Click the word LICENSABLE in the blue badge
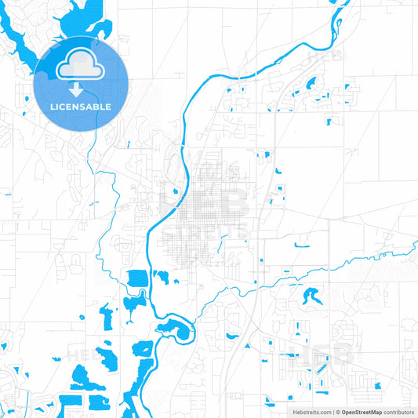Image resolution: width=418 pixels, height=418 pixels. click(81, 107)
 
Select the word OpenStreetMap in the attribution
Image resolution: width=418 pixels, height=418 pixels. click(362, 412)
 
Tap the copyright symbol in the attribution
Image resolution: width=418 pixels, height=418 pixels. click(336, 412)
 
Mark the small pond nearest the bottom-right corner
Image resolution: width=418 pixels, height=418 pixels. click(377, 385)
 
